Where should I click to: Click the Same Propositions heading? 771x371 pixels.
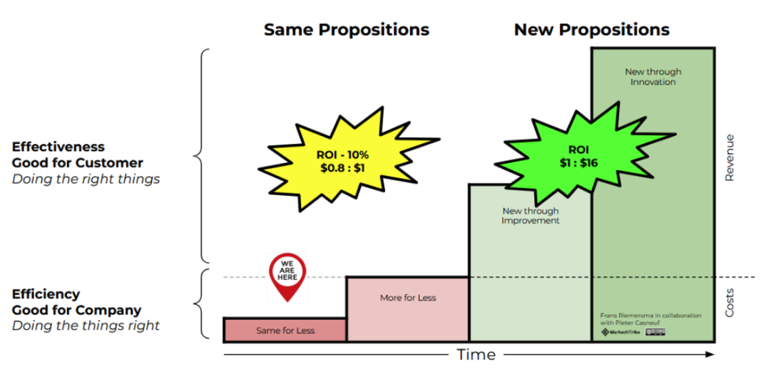pyautogui.click(x=347, y=30)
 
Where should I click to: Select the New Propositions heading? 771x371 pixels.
pyautogui.click(x=591, y=30)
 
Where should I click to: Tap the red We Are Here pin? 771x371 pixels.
pyautogui.click(x=287, y=275)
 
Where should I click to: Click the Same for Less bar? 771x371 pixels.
pyautogui.click(x=285, y=330)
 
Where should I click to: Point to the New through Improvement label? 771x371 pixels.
pyautogui.click(x=530, y=216)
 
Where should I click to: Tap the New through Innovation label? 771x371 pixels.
pyautogui.click(x=653, y=77)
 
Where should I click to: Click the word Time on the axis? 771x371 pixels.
pyautogui.click(x=476, y=355)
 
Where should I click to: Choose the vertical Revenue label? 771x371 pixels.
pyautogui.click(x=729, y=157)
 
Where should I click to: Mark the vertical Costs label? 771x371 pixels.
pyautogui.click(x=729, y=303)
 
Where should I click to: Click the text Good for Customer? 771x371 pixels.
pyautogui.click(x=78, y=162)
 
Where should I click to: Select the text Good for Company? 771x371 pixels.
pyautogui.click(x=76, y=310)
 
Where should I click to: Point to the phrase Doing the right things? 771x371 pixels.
pyautogui.click(x=86, y=178)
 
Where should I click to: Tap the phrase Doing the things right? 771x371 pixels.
pyautogui.click(x=86, y=325)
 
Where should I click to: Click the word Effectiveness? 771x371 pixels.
pyautogui.click(x=58, y=147)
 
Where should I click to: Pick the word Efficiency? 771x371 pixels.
pyautogui.click(x=46, y=294)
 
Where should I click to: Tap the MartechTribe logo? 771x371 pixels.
pyautogui.click(x=618, y=332)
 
